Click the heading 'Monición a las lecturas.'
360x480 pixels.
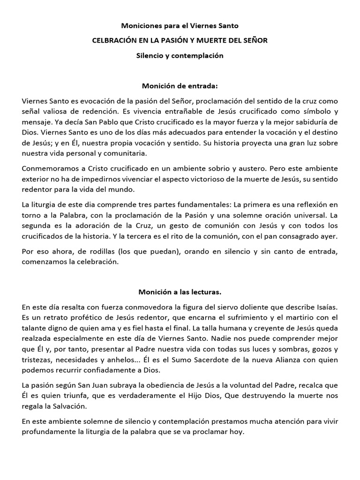tap(180, 292)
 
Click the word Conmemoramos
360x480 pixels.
tap(48, 168)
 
